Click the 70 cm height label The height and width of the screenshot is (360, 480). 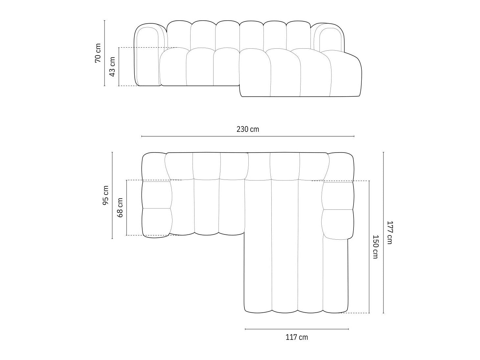tap(98, 53)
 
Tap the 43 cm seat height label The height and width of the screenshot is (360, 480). tap(112, 66)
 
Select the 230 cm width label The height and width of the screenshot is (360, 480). tap(248, 129)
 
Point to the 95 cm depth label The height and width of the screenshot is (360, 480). tap(105, 195)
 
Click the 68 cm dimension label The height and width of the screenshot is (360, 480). tap(120, 207)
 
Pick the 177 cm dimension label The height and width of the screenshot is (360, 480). tap(390, 232)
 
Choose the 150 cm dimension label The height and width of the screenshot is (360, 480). tap(376, 247)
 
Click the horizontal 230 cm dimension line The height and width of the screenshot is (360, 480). tap(248, 136)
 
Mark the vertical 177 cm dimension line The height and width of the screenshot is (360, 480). tap(383, 233)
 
